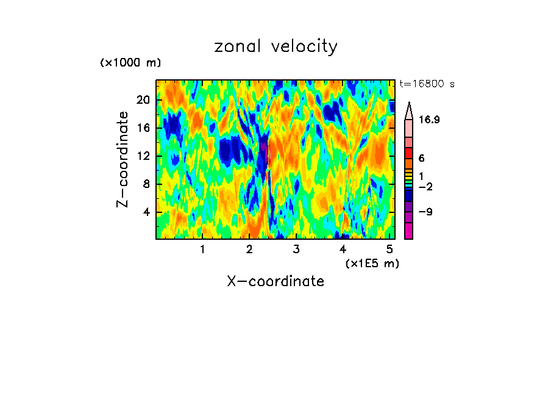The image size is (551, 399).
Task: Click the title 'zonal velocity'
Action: point(275,46)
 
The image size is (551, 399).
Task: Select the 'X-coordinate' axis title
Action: point(275,281)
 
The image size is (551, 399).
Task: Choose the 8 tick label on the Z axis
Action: point(146,184)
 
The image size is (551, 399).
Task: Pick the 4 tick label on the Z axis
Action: point(146,212)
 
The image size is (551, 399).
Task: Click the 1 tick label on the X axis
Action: point(202,249)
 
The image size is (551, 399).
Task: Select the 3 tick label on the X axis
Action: point(296,249)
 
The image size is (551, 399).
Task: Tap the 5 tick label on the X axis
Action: point(390,249)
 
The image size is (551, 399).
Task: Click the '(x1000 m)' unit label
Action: point(130,63)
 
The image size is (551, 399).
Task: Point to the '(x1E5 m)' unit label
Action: point(372,263)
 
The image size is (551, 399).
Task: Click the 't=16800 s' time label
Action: point(427,84)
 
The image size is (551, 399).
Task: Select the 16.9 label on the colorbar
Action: point(429,120)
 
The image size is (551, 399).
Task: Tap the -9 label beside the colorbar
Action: point(425,212)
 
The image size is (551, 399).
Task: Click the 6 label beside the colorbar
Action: point(421,157)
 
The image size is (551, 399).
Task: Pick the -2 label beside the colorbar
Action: point(425,187)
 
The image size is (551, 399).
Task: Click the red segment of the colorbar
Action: point(408,153)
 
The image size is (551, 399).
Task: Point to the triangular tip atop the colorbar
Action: point(409,109)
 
